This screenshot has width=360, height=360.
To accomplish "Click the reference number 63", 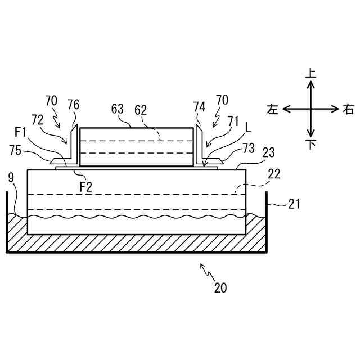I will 118,109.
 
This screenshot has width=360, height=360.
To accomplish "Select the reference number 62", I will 139,109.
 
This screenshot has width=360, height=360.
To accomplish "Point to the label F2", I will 85,187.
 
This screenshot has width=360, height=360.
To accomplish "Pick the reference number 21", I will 294,204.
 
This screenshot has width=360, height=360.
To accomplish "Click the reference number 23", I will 269,152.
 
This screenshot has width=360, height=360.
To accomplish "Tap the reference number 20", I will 220,287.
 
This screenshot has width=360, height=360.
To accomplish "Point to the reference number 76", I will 73,105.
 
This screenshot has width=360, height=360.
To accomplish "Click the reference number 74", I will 199,107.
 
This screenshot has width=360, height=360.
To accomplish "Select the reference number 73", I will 249,148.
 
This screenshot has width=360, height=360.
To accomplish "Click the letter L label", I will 247,128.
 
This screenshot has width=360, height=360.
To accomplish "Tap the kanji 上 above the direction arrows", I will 310,73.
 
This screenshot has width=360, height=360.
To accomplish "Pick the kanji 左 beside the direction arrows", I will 273,109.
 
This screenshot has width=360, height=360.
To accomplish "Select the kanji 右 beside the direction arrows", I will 348,109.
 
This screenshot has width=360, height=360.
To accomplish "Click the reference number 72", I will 37,120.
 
